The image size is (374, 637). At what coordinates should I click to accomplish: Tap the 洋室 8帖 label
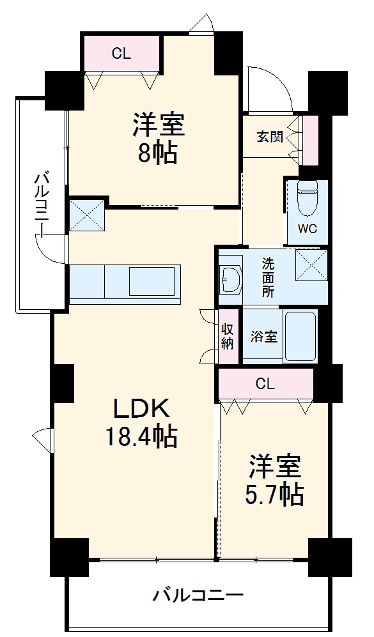[x=159, y=138]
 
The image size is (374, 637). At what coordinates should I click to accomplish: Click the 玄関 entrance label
[x=270, y=137]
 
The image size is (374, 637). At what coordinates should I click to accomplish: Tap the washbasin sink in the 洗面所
[x=230, y=277]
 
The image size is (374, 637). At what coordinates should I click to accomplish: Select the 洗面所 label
[x=269, y=276]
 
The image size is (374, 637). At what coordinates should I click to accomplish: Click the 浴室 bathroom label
[x=263, y=337]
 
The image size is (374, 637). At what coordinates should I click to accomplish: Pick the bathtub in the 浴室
[x=300, y=336]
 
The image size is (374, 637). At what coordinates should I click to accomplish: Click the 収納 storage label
[x=228, y=336]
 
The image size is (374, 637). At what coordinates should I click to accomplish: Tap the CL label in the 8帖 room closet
[x=121, y=54]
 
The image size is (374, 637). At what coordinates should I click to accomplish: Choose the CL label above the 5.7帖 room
[x=265, y=384]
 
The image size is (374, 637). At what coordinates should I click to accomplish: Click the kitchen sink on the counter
[x=154, y=281]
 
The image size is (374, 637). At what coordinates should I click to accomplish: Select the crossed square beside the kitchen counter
[x=86, y=213]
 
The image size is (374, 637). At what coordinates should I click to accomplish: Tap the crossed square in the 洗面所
[x=311, y=265]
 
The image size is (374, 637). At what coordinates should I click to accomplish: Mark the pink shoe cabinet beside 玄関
[x=310, y=139]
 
